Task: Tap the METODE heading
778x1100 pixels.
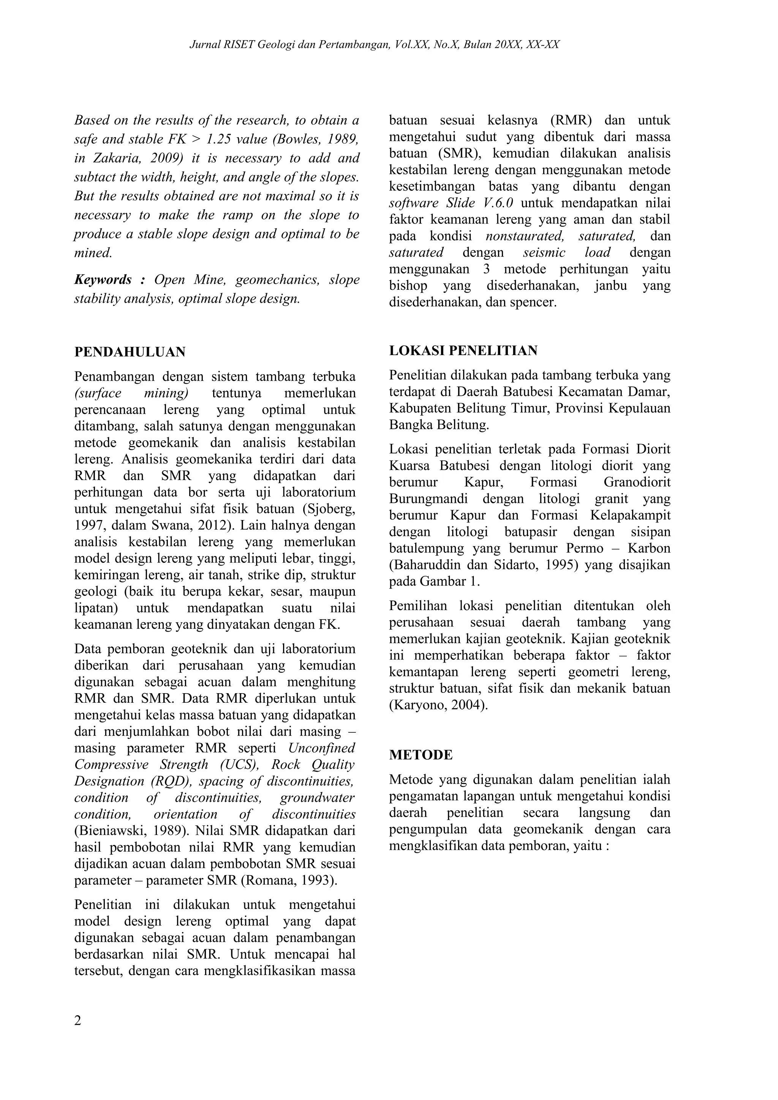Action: [421, 755]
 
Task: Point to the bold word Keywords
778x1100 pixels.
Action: [103, 280]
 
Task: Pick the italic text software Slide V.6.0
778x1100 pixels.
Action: [451, 203]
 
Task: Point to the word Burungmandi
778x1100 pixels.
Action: [431, 499]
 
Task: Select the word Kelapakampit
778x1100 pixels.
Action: [630, 515]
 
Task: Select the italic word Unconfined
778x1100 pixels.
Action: [321, 748]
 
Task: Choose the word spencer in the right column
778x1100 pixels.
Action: [534, 303]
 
